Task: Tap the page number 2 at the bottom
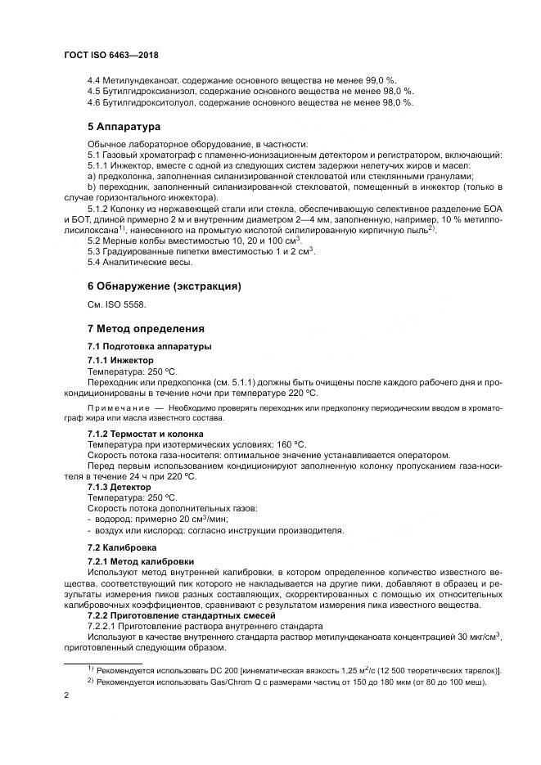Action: [x=66, y=695]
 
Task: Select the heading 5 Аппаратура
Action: [x=124, y=127]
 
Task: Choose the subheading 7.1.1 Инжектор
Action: [x=119, y=360]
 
